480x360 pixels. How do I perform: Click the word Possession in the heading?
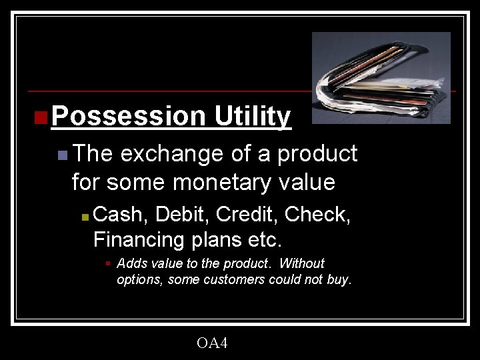tap(129, 117)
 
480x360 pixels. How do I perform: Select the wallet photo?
tap(381, 78)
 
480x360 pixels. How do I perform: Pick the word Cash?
tap(121, 215)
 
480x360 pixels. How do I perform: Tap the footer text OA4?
tap(212, 343)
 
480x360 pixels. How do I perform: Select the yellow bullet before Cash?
tap(84, 217)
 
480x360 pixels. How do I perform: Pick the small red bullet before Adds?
tap(107, 264)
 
